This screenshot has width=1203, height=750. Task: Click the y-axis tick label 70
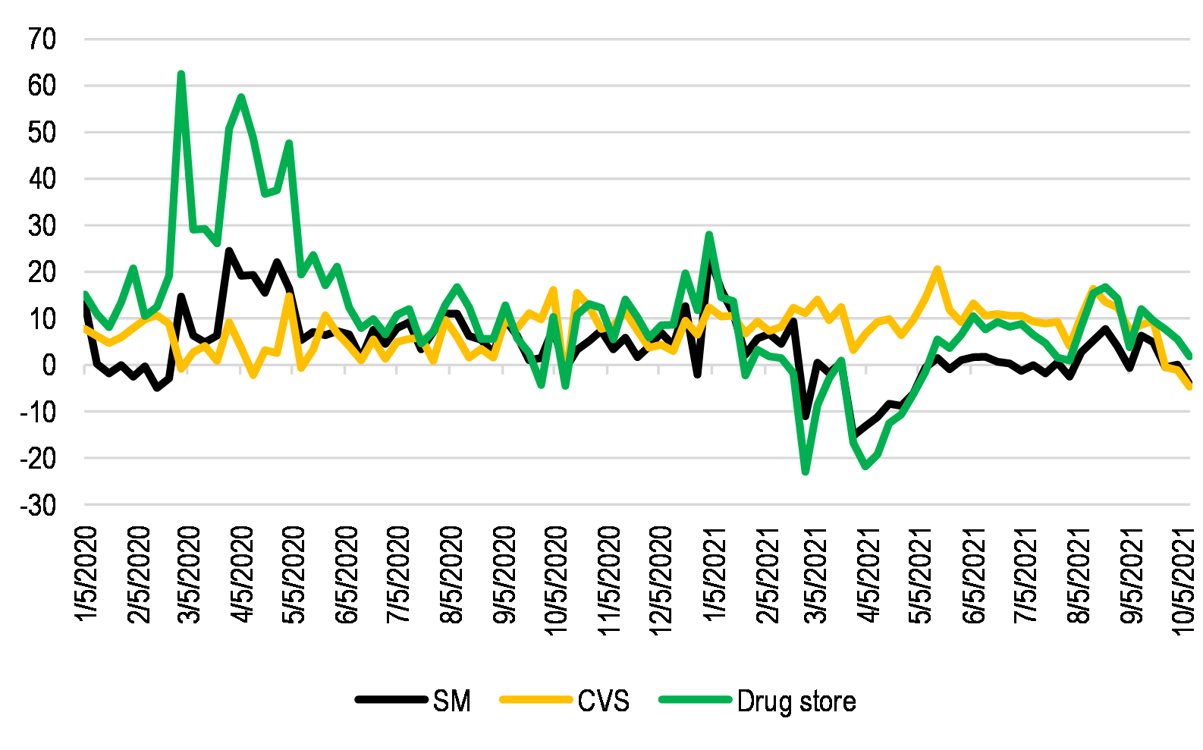42,39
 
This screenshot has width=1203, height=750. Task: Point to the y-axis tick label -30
38,505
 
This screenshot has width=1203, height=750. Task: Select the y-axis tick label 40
42,179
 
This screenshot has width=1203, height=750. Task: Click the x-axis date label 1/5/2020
86,575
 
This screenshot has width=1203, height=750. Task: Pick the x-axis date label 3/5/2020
189,575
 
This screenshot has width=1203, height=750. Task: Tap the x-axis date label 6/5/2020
347,575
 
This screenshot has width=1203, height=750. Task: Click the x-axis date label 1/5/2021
715,575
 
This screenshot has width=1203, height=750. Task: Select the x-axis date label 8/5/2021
1079,575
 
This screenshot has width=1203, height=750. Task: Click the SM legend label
452,701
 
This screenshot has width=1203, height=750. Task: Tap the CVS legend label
603,701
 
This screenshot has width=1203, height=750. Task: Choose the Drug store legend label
796,701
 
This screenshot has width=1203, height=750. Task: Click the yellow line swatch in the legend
536,700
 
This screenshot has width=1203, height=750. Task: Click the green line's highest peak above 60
181,74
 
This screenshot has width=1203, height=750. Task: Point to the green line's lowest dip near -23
806,472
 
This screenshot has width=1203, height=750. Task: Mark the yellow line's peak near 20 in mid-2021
938,268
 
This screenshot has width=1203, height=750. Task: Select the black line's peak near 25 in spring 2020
228,250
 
